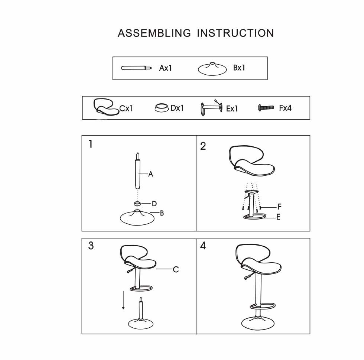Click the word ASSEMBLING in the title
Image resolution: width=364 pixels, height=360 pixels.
[154, 33]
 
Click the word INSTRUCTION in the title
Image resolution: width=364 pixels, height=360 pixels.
[235, 33]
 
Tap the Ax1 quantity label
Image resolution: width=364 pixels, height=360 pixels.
[166, 68]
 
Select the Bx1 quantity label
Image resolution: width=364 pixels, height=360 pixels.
[239, 68]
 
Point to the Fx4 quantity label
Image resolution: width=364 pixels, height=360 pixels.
[285, 108]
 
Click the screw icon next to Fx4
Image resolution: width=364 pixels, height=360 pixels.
[266, 107]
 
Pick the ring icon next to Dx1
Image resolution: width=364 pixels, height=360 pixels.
[162, 108]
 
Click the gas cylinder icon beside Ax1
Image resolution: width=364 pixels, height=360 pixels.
[137, 68]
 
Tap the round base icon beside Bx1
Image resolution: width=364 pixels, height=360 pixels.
[212, 69]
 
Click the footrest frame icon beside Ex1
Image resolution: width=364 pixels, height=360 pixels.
[211, 108]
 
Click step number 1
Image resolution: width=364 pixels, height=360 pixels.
[91, 144]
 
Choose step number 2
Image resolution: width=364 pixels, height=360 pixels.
[203, 146]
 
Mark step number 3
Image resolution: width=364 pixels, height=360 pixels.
[91, 246]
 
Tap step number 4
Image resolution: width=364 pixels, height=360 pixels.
[203, 246]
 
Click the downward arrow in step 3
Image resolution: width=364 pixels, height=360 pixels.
[123, 300]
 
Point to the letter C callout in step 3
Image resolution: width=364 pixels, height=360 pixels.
[176, 269]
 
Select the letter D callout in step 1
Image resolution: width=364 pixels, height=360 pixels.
[154, 204]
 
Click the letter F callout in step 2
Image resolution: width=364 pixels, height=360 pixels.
[279, 207]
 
